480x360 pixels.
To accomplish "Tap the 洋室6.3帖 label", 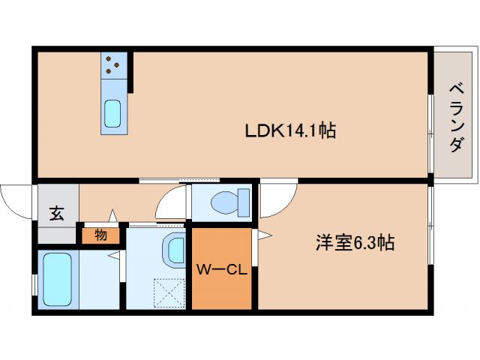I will [355, 243].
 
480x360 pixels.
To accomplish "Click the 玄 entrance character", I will [57, 212].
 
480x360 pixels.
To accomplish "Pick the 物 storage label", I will [100, 235].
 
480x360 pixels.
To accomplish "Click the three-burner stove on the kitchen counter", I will [113, 65].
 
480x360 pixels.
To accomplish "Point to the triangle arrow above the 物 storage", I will [113, 217].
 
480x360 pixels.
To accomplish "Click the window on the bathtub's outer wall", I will [35, 286].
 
